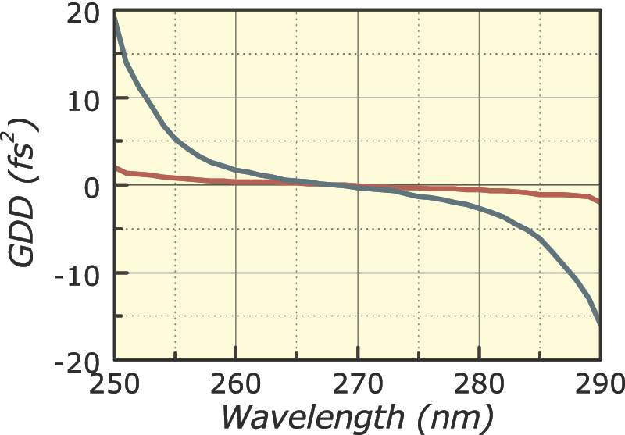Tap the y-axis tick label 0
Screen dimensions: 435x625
coord(92,187)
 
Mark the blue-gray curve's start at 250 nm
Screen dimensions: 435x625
coord(116,19)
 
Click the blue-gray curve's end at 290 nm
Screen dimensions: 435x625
coord(599,323)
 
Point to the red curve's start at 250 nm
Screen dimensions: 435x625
coord(116,167)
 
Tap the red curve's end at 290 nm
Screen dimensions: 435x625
coord(599,201)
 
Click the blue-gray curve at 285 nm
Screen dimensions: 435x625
coord(539,237)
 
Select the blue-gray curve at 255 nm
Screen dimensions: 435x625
coord(176,139)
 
